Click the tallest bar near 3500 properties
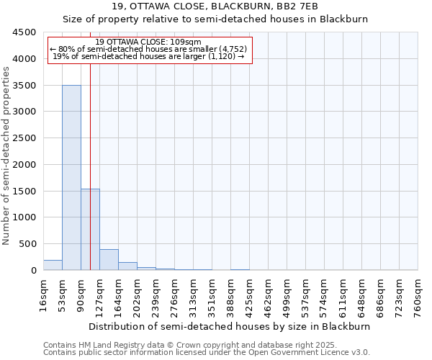click(71, 177)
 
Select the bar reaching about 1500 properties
click(90, 229)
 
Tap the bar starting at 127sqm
click(109, 260)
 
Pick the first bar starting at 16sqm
click(53, 265)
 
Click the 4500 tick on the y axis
click(24, 32)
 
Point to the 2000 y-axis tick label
click(24, 165)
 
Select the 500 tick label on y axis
click(27, 244)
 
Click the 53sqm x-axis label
click(63, 294)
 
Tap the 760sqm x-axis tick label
click(418, 294)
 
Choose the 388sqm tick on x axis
click(231, 295)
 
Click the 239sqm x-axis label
click(156, 295)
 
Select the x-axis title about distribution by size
click(231, 326)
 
